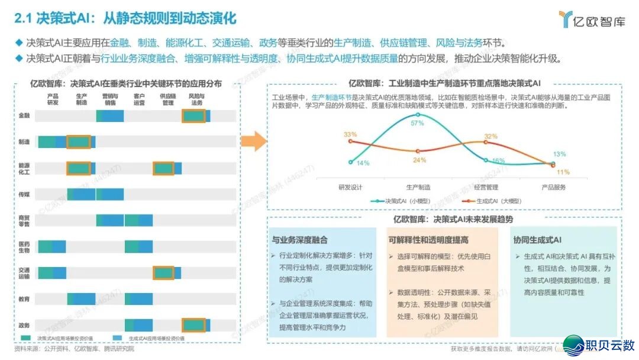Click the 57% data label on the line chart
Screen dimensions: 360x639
click(417, 123)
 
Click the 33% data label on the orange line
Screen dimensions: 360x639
click(350, 134)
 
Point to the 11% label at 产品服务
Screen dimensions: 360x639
click(563, 172)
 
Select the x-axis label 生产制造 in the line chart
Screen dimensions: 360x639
click(418, 187)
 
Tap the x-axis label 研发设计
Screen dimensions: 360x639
click(350, 187)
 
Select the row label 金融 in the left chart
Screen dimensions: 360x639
click(24, 116)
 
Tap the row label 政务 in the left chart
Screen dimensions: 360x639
click(24, 325)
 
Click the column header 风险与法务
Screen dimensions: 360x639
click(196, 99)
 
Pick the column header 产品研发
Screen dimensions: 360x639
click(53, 99)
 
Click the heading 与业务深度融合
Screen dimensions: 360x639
click(300, 240)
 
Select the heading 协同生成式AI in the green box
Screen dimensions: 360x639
click(538, 240)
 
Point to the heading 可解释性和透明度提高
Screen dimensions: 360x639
click(429, 240)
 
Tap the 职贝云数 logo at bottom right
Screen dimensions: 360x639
click(599, 344)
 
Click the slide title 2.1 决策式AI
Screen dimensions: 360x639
click(124, 18)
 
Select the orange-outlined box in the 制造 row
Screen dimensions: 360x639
click(78, 142)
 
